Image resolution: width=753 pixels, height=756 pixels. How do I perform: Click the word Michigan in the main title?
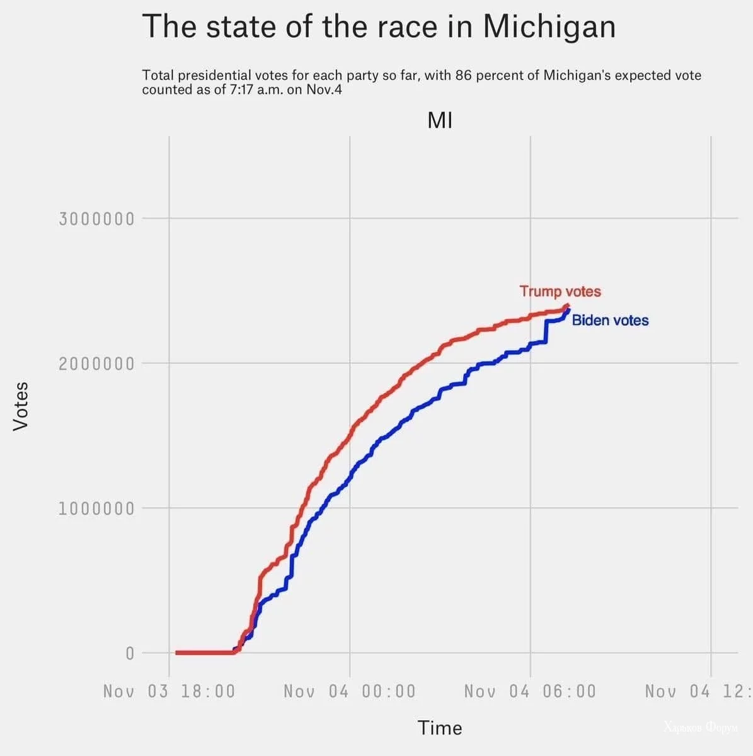549,27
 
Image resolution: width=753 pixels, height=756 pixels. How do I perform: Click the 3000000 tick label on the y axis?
96,219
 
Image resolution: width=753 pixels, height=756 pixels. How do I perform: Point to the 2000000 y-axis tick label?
96,364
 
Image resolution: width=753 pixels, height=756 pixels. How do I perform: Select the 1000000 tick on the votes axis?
96,509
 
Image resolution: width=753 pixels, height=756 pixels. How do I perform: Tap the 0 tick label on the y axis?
130,653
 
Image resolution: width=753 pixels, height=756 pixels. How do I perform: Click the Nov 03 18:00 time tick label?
169,691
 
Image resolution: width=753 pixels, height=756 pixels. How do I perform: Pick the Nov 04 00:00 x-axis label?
350,691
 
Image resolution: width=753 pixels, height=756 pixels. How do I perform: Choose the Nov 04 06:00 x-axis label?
530,691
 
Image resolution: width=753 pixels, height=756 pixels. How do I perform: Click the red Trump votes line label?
560,292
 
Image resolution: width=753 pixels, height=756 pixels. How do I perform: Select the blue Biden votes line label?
610,321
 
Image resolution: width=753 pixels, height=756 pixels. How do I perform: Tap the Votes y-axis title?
21,406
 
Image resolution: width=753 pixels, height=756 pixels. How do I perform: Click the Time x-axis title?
440,728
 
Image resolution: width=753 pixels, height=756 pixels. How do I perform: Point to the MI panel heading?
440,120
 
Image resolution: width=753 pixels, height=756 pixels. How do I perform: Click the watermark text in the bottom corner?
700,728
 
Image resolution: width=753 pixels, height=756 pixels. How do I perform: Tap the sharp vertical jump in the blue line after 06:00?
546,331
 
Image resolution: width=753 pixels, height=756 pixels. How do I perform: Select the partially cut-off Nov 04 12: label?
698,691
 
